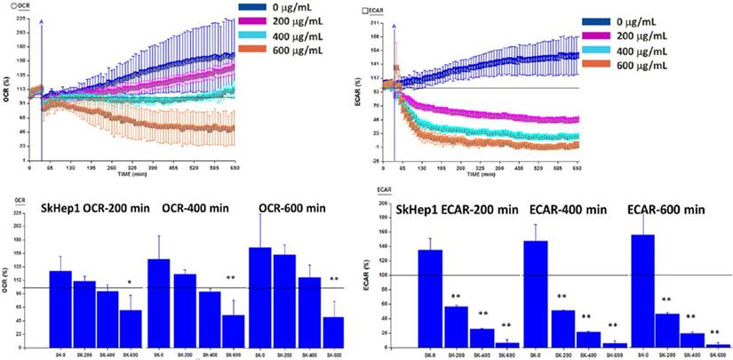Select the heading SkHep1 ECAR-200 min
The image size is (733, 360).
coord(471,210)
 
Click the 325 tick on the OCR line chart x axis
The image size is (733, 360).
coord(132,167)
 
